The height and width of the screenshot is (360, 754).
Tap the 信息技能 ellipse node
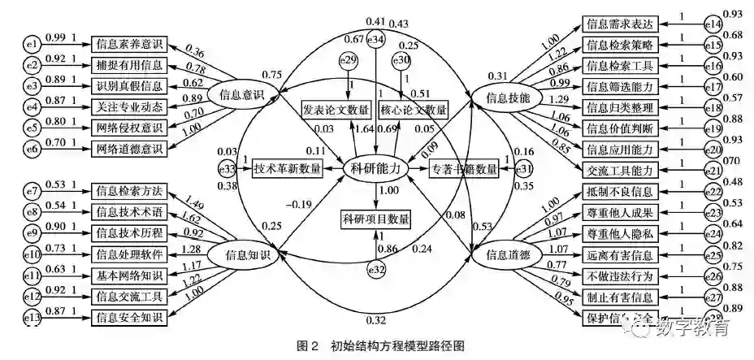(502, 97)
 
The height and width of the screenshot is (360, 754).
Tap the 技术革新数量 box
(287, 168)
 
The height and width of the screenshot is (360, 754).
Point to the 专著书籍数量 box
(463, 168)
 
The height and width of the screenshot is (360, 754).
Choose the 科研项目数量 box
(375, 218)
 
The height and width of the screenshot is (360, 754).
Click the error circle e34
(375, 39)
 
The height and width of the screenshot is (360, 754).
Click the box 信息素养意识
(129, 43)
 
